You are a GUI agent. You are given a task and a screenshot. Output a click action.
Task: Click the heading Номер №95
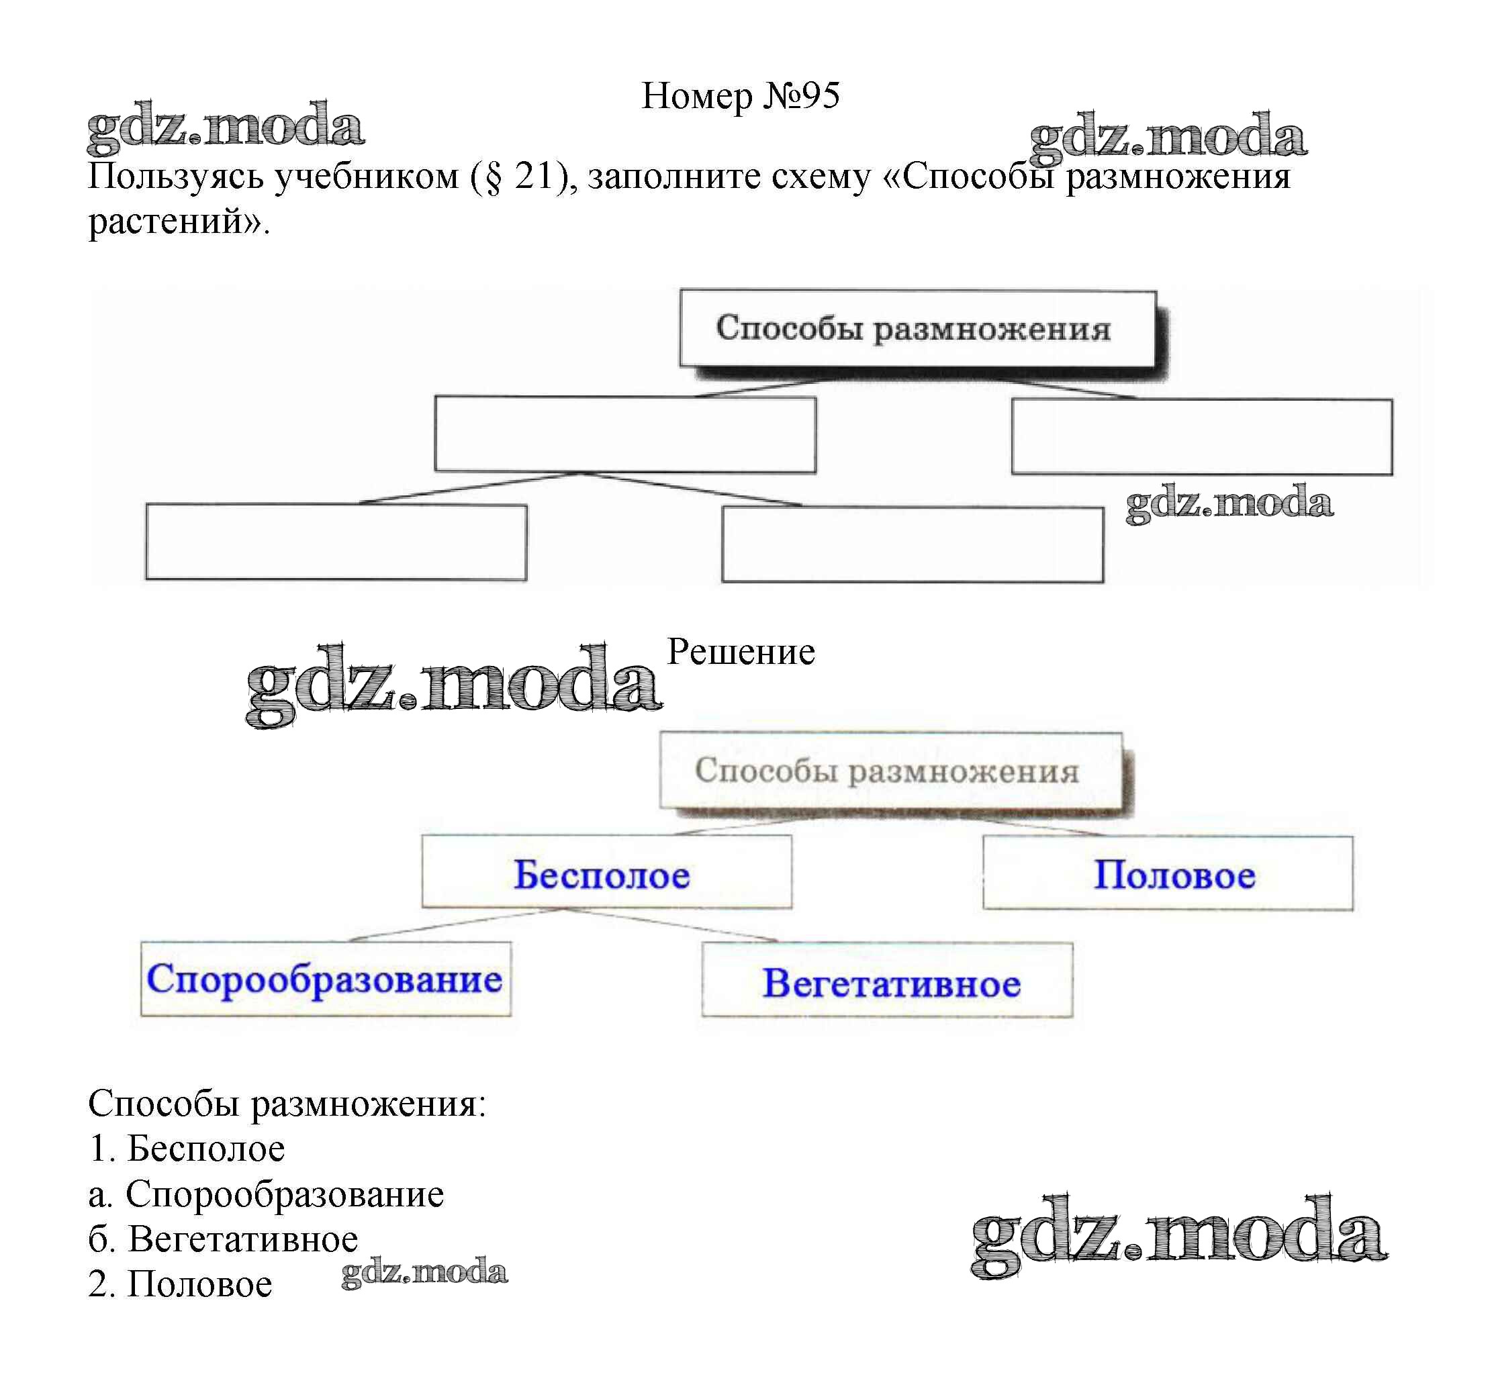[x=740, y=96]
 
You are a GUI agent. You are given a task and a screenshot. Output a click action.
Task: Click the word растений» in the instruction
[x=179, y=222]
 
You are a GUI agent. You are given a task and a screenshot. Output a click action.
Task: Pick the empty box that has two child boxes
[x=624, y=434]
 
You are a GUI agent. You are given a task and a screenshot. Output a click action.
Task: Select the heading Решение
[x=740, y=651]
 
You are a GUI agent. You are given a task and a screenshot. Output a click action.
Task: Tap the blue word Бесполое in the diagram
[x=601, y=875]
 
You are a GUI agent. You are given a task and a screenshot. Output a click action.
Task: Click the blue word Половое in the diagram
[x=1174, y=875]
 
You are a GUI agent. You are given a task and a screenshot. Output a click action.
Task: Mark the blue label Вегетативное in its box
[x=891, y=983]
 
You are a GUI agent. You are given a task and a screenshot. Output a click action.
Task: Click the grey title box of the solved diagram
[x=890, y=771]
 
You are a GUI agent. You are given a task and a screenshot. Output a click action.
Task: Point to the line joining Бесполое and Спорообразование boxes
[x=457, y=925]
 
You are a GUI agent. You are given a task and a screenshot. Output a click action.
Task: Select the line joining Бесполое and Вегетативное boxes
[x=671, y=925]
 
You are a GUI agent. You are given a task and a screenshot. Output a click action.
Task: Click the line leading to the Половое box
[x=1043, y=827]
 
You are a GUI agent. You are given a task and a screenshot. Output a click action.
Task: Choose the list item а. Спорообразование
[x=266, y=1194]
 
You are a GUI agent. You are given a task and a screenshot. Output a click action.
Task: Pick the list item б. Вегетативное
[x=223, y=1239]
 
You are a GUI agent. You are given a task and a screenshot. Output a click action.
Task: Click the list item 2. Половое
[x=180, y=1284]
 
